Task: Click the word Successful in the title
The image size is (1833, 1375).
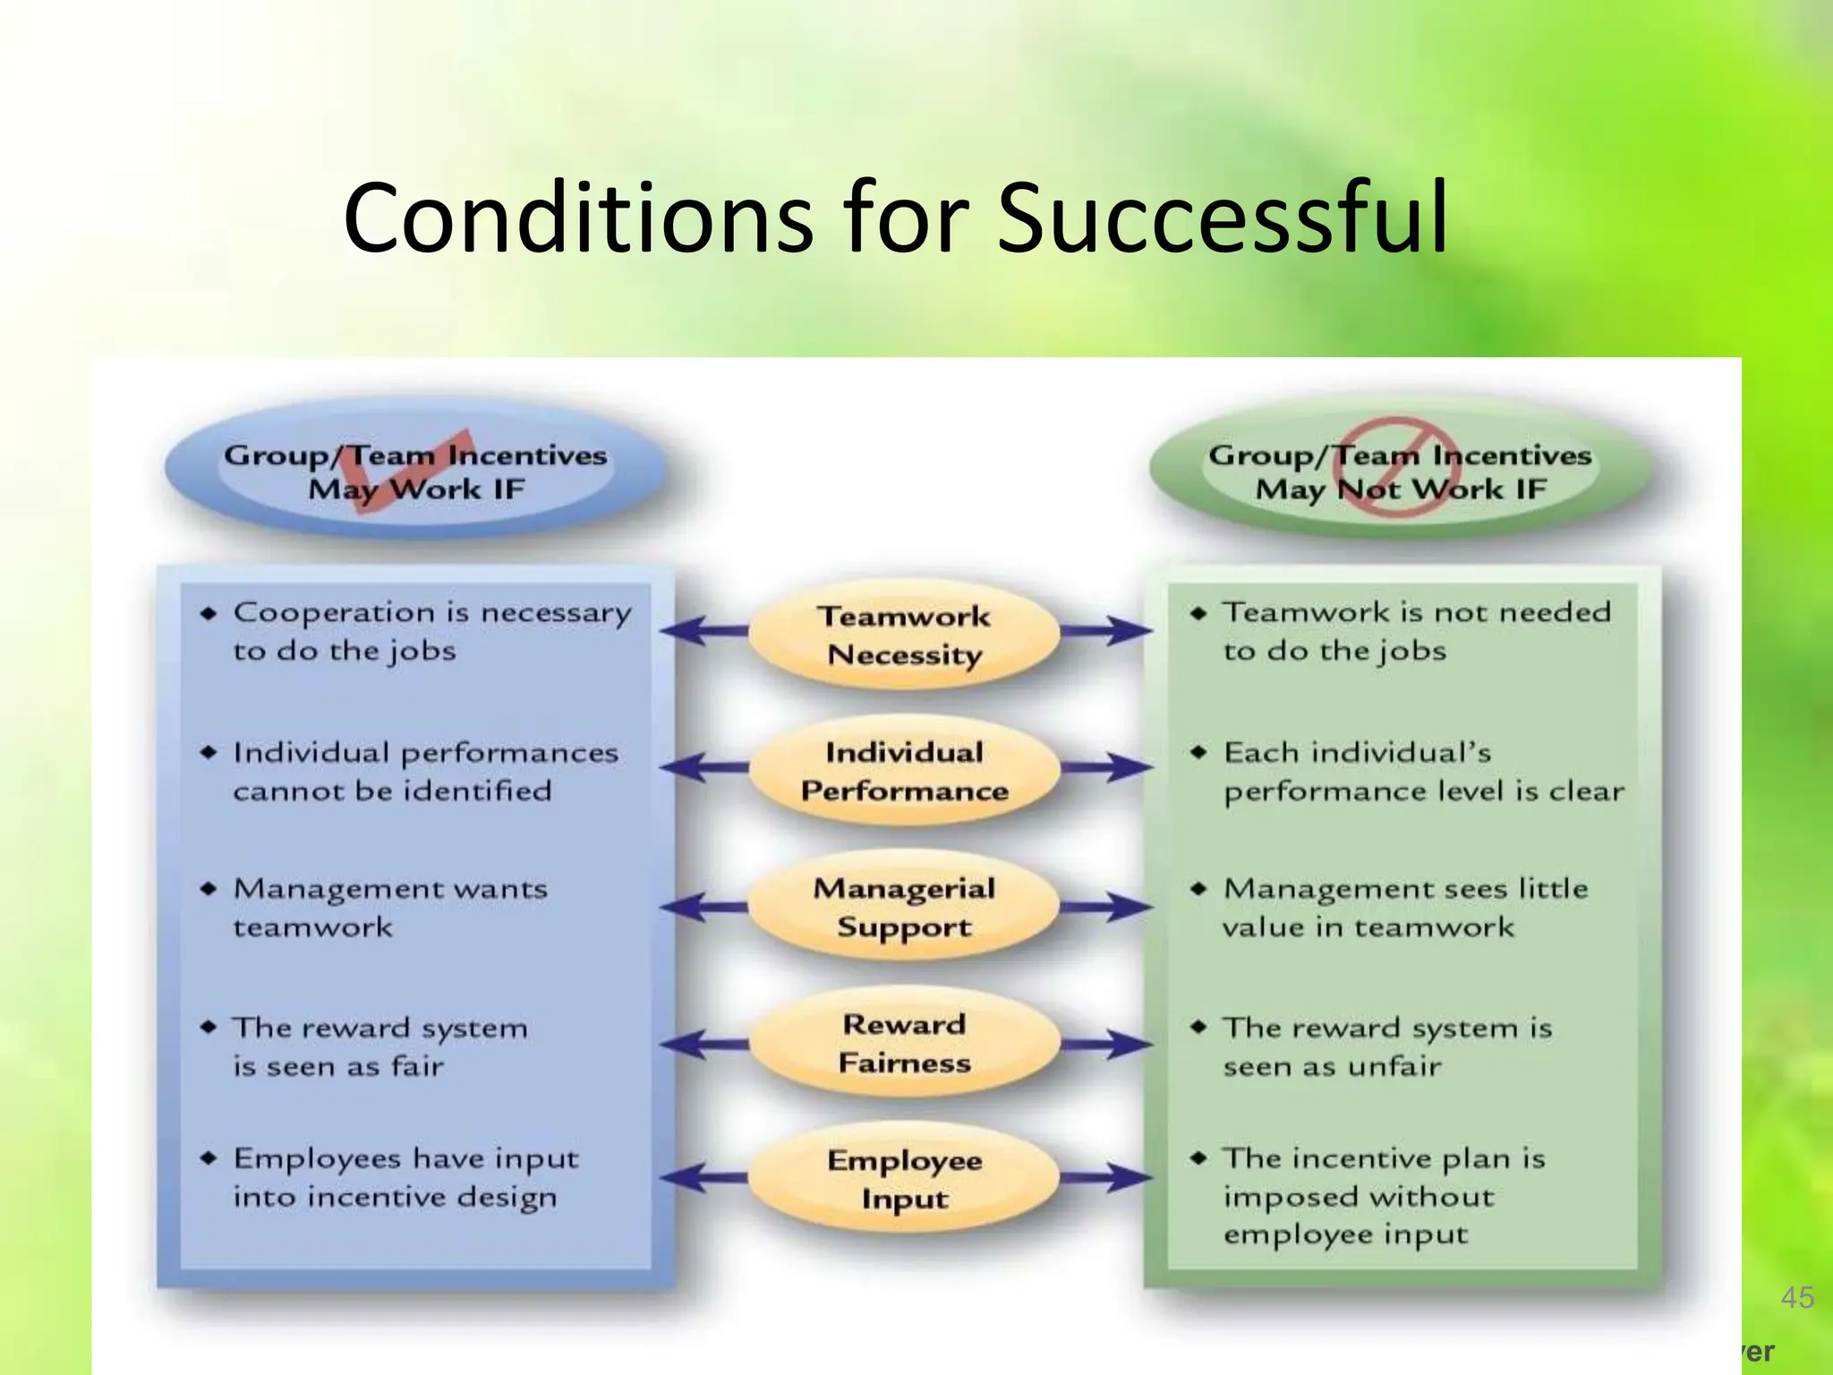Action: (1222, 219)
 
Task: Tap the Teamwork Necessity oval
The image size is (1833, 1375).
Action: (904, 636)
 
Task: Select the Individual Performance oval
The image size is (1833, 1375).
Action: (904, 772)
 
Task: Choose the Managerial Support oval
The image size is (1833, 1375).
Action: (904, 908)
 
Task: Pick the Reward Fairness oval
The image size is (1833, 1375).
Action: (904, 1044)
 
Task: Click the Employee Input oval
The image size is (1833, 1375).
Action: (904, 1179)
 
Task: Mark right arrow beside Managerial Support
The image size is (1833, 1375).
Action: (1106, 907)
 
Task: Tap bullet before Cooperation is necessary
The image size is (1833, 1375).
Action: (209, 613)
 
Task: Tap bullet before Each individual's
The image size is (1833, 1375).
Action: (1198, 753)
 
